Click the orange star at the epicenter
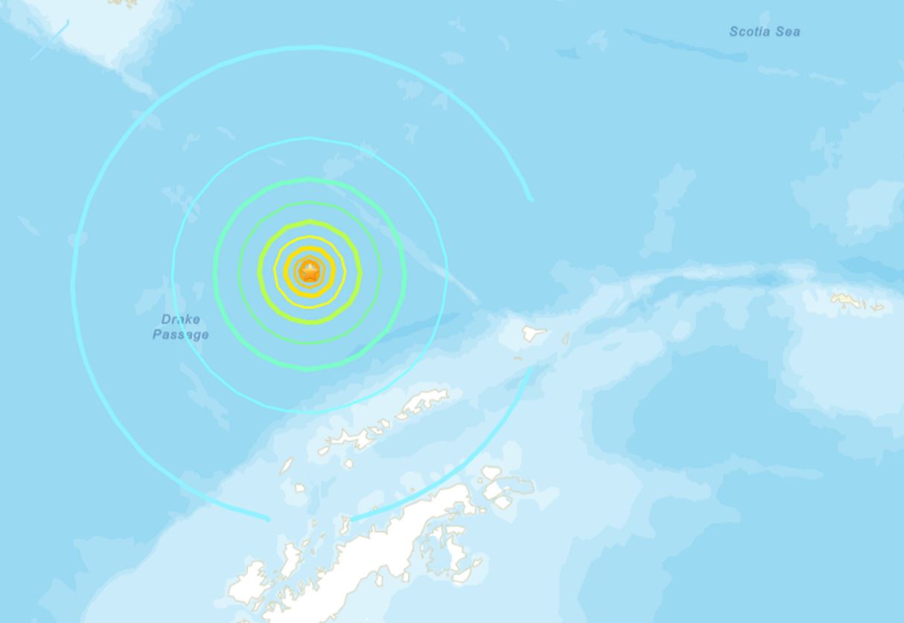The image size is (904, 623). click(x=310, y=272)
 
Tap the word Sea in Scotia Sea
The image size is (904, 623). click(x=789, y=31)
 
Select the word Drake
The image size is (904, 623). click(x=180, y=320)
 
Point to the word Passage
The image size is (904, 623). click(x=180, y=335)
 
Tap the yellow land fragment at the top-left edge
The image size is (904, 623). click(x=123, y=2)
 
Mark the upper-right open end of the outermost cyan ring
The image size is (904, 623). click(x=530, y=199)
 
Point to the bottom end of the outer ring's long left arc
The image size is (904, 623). click(x=267, y=518)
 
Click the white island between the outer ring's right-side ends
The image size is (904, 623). click(x=531, y=334)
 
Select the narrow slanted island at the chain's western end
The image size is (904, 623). click(x=287, y=466)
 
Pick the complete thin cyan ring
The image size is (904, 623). click(x=309, y=138)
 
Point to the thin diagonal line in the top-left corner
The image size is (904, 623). click(x=51, y=40)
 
